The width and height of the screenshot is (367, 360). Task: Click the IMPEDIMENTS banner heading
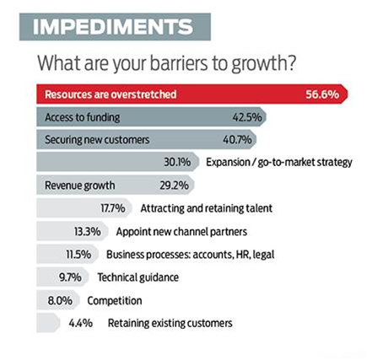tap(113, 27)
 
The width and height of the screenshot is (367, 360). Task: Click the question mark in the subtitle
tap(292, 63)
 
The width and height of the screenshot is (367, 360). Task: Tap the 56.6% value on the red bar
tap(322, 94)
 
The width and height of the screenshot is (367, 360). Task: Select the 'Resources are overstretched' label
tap(111, 94)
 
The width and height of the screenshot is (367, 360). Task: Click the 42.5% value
tap(247, 117)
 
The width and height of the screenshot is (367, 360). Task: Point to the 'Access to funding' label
tap(83, 117)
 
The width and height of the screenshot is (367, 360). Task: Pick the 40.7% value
tap(237, 140)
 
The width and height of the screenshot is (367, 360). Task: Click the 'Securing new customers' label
tap(97, 140)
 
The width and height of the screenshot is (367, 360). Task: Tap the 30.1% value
tap(177, 162)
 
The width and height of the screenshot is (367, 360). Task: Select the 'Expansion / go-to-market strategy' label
tap(279, 163)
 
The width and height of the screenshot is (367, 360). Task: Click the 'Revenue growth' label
tap(80, 185)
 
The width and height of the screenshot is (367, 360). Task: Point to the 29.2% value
tap(174, 185)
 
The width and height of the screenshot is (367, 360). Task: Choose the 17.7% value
tap(113, 208)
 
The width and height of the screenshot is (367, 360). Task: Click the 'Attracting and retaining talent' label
tap(207, 208)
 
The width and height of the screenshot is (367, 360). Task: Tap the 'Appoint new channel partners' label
tap(181, 232)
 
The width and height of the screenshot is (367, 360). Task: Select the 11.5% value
tap(78, 255)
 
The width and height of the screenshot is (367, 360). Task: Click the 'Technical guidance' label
tap(138, 277)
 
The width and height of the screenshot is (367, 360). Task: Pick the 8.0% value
tap(60, 301)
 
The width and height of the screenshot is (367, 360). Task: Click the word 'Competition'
tap(115, 301)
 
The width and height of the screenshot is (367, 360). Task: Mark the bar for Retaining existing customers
tap(48, 323)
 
